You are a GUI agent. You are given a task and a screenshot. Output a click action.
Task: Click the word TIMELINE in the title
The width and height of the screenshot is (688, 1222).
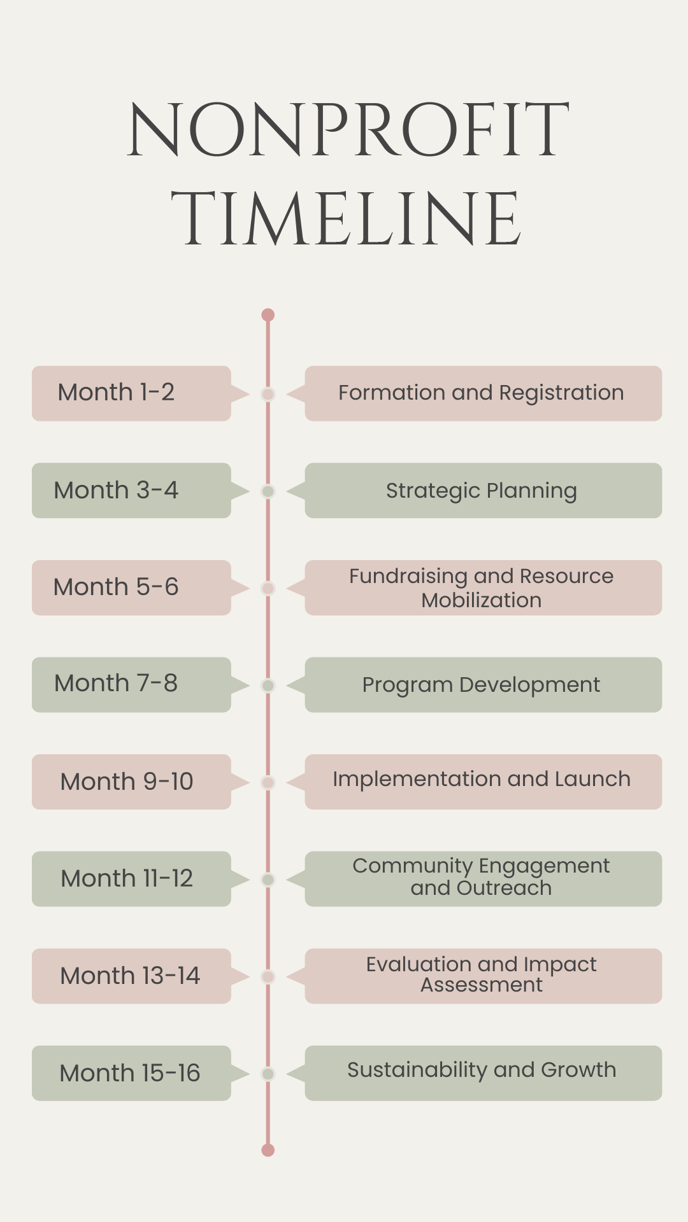[347, 218]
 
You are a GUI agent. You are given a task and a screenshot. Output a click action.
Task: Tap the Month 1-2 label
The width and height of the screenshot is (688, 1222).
[116, 392]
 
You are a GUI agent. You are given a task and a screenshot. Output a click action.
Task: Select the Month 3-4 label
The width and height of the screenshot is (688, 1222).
[116, 490]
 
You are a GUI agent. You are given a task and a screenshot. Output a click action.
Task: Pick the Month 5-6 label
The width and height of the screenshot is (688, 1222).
[116, 587]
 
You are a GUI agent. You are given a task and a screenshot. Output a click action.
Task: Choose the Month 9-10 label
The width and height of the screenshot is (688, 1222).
[127, 782]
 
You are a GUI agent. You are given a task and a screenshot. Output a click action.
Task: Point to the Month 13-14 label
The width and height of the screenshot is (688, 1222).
[130, 976]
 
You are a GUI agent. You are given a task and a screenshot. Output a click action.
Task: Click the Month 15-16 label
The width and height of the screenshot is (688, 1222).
[130, 1073]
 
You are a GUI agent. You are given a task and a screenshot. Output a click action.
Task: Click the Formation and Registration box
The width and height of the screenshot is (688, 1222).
[483, 393]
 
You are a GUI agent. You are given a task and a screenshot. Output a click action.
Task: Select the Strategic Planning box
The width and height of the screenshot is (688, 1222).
[483, 490]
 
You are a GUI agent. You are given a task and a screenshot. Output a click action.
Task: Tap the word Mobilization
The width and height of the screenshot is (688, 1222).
[482, 600]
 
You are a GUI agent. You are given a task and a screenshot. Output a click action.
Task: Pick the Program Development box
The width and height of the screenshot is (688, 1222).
[483, 685]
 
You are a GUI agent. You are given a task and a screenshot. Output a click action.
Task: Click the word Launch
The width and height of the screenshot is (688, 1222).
[592, 779]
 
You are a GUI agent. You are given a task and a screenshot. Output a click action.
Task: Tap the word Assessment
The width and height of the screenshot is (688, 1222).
[482, 985]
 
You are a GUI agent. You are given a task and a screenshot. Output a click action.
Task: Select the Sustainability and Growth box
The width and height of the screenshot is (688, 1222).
[483, 1073]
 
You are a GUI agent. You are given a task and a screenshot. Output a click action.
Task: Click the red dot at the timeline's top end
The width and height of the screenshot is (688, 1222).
[268, 315]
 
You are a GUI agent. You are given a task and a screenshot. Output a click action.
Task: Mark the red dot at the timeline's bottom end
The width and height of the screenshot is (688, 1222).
[268, 1150]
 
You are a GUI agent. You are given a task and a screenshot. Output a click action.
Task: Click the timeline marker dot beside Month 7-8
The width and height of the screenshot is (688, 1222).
[268, 685]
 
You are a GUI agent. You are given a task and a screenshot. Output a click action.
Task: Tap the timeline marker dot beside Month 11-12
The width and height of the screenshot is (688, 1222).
[268, 880]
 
